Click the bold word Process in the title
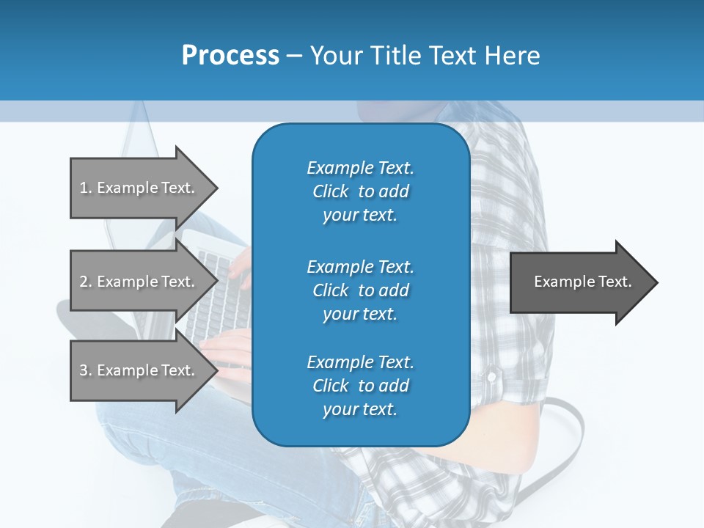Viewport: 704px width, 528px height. tap(230, 55)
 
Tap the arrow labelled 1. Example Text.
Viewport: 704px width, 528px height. tap(139, 188)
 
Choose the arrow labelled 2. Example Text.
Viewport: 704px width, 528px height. tap(139, 282)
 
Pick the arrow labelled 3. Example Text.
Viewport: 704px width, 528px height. tap(139, 370)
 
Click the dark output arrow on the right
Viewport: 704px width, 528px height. tap(579, 282)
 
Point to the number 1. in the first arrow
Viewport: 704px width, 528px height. tap(86, 188)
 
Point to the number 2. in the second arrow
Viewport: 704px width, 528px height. tap(86, 282)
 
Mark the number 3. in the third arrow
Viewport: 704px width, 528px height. tap(86, 370)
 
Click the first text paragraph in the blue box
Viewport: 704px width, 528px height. tap(360, 191)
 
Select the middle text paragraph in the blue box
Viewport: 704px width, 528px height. tap(360, 290)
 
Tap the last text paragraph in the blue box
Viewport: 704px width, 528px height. tap(360, 386)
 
